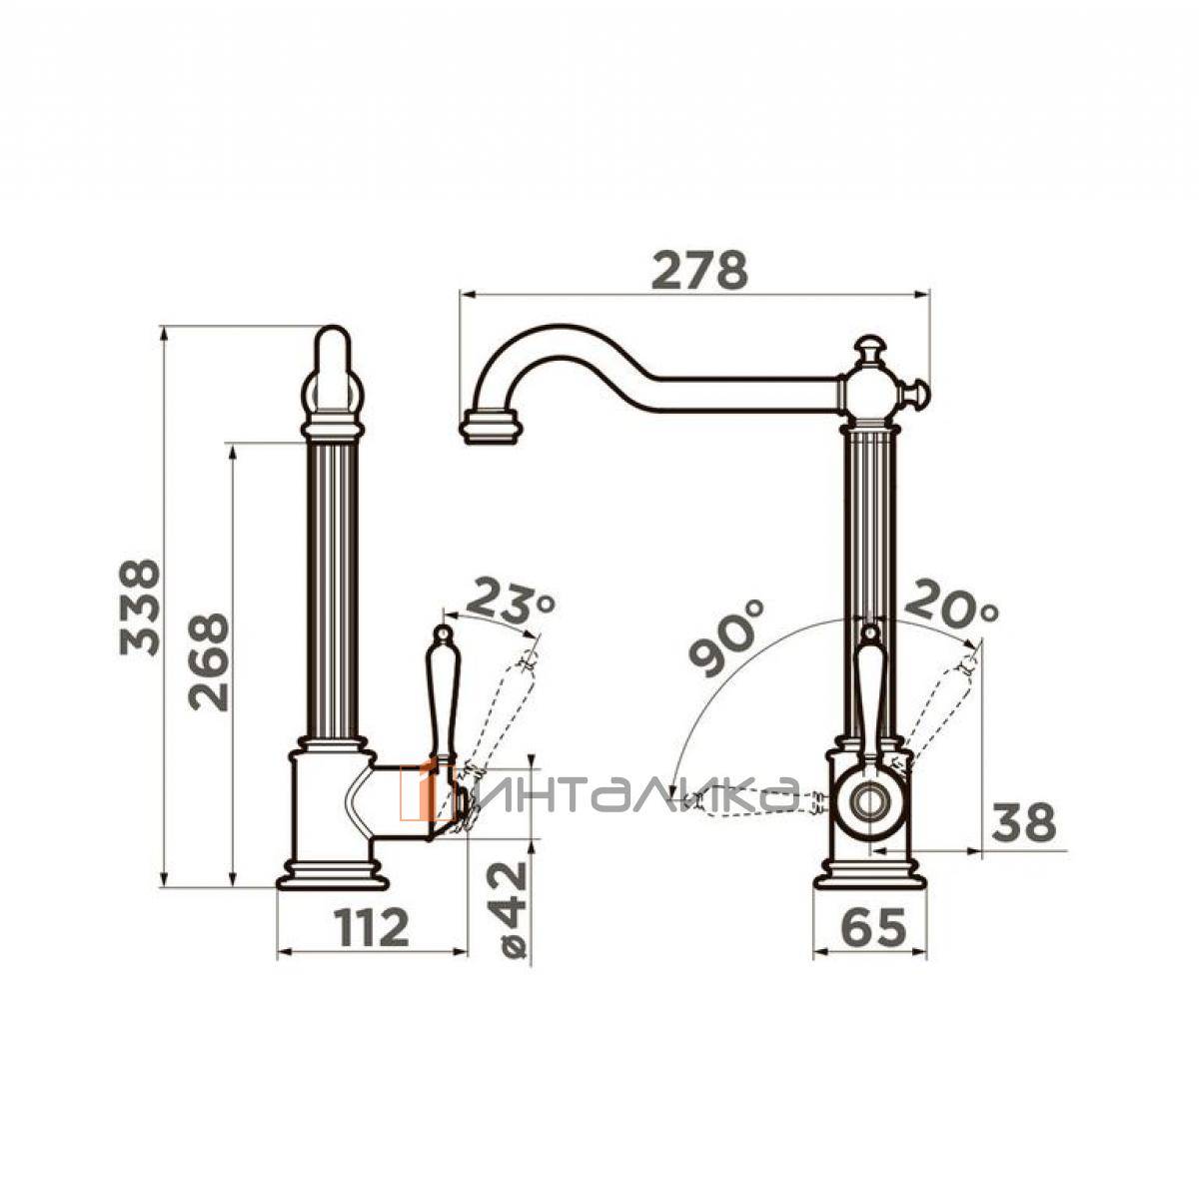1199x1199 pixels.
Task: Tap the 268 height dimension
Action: point(209,662)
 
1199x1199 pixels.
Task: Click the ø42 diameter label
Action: point(514,909)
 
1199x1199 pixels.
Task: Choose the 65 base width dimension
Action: point(871,927)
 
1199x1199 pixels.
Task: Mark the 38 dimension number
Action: point(1023,822)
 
